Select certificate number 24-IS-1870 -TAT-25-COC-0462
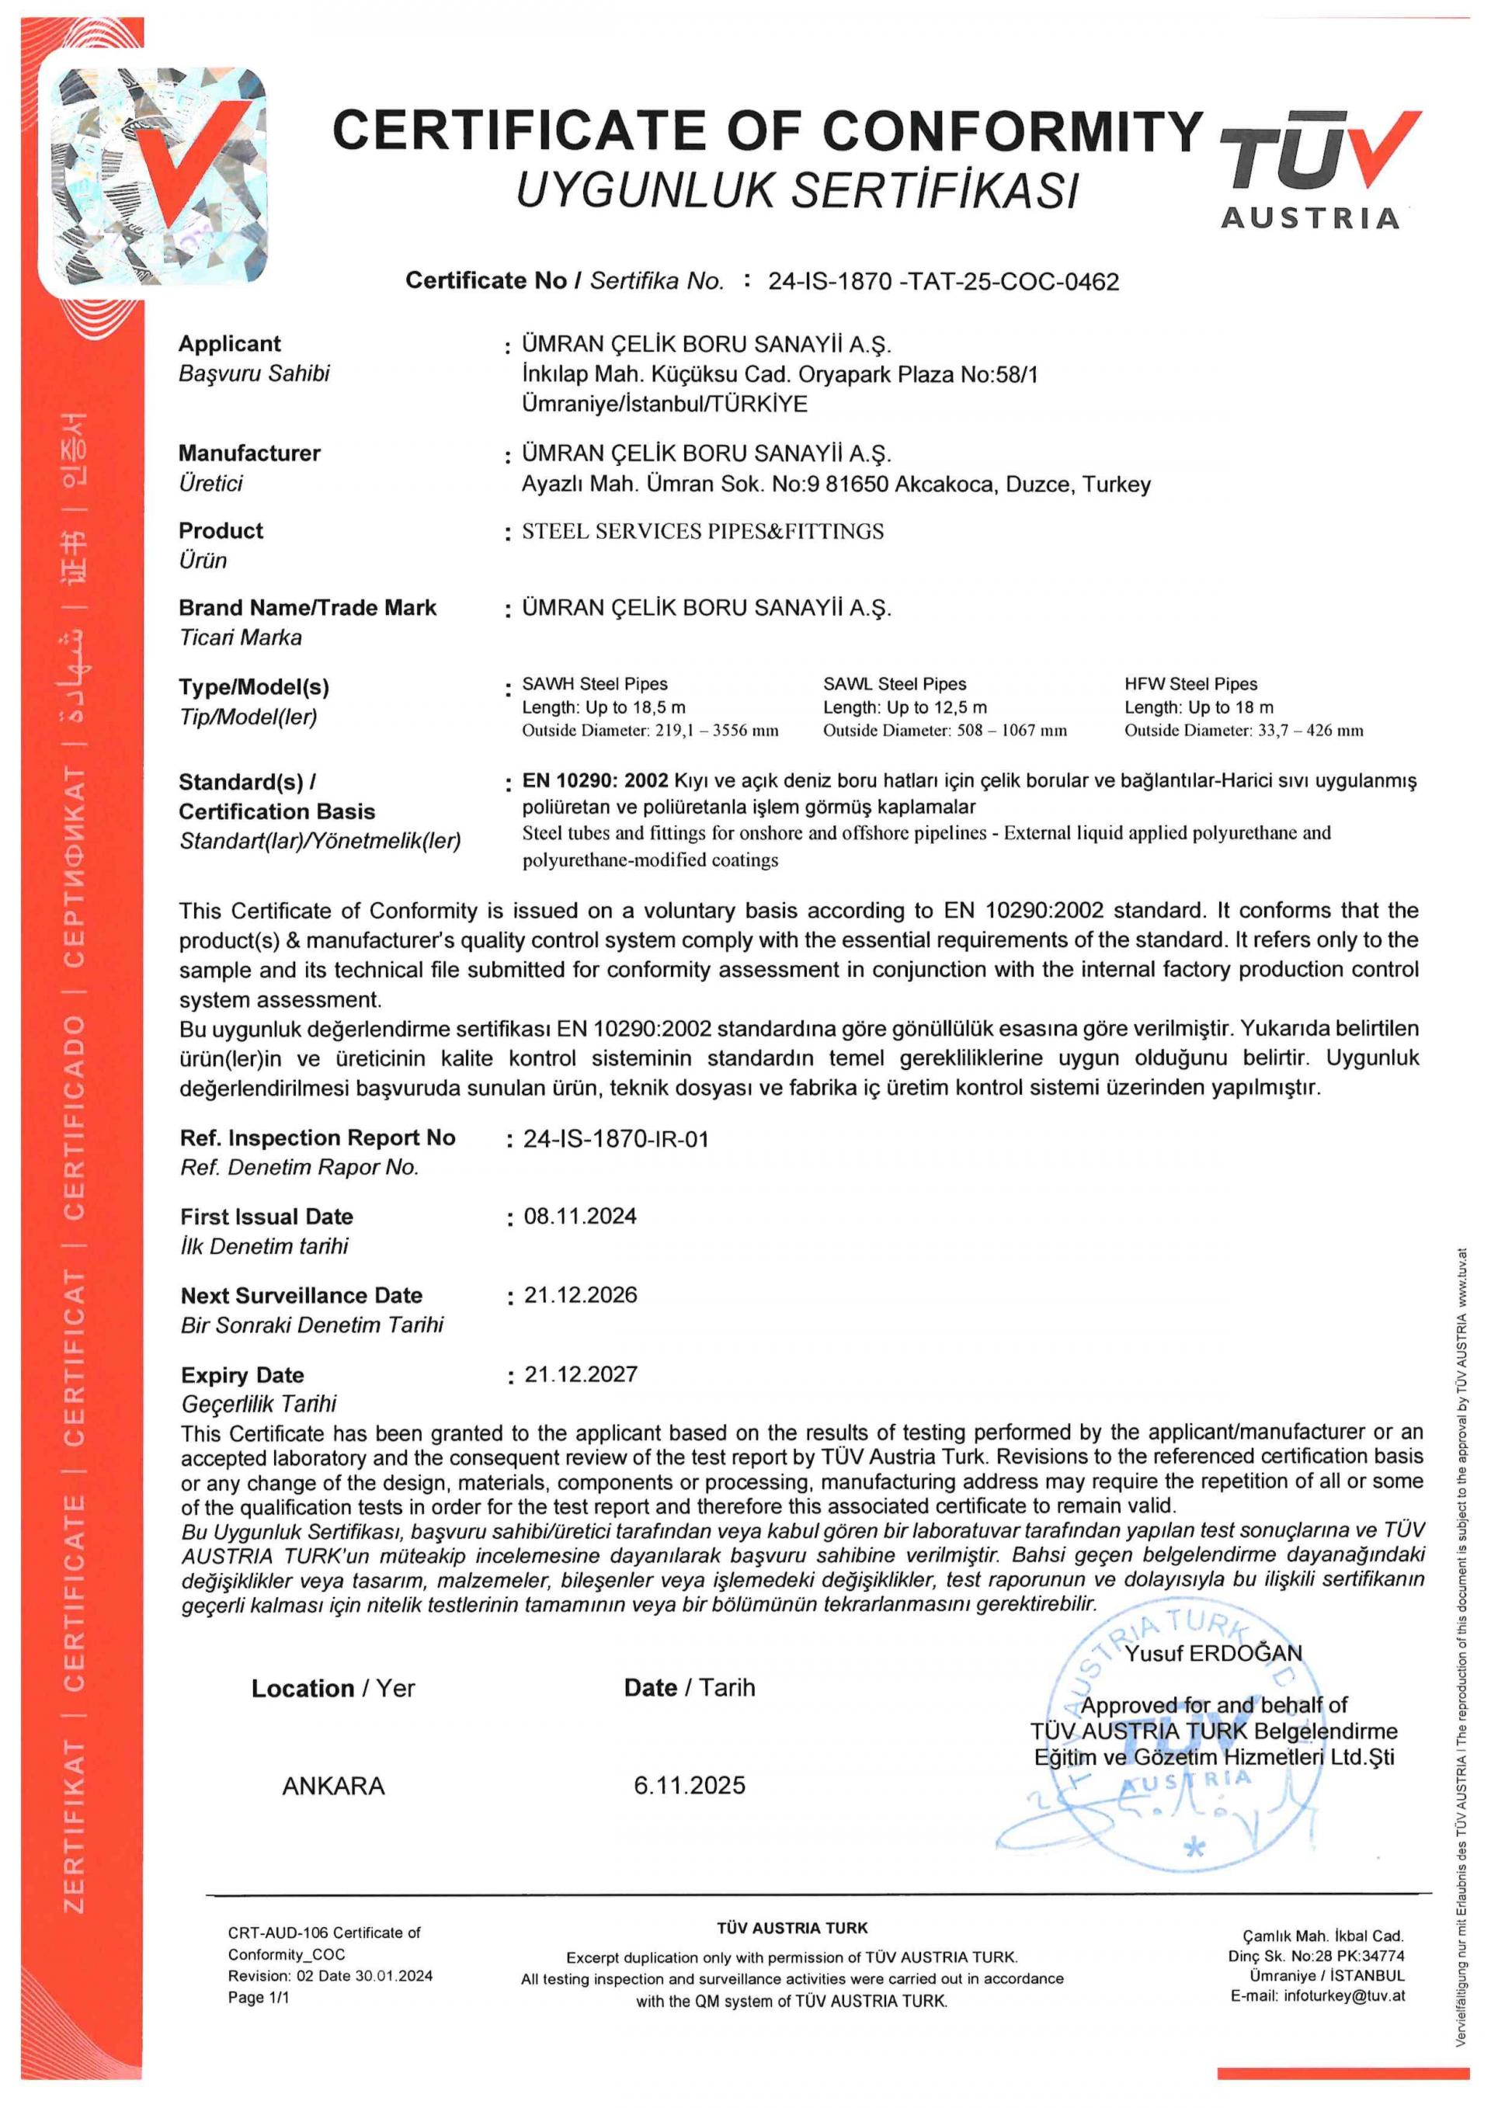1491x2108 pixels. [944, 282]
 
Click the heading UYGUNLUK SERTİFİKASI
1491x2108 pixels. [796, 190]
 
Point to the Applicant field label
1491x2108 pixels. [230, 344]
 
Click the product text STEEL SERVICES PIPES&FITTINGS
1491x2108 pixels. [702, 532]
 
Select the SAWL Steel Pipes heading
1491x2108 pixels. [895, 684]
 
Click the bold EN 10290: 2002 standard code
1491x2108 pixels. [595, 781]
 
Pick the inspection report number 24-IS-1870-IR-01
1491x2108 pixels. [616, 1139]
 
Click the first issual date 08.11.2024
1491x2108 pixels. [580, 1217]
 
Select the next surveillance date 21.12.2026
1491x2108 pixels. [580, 1295]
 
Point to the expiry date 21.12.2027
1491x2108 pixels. [580, 1374]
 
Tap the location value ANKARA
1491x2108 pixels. [333, 1786]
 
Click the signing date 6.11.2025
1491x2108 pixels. [690, 1786]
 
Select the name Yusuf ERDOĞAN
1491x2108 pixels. [1213, 1654]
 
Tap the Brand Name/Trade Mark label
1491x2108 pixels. [308, 608]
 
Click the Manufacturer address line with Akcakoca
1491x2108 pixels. [836, 484]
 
